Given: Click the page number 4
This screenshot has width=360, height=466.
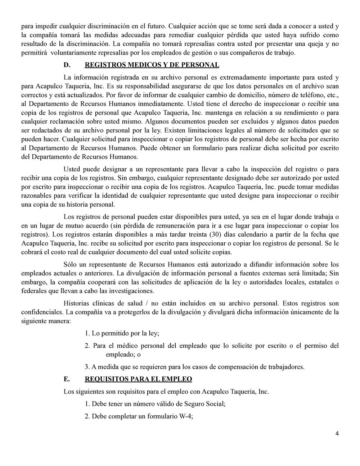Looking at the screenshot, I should (x=337, y=434).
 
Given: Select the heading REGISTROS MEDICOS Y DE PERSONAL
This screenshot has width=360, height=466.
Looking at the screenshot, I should (x=152, y=65).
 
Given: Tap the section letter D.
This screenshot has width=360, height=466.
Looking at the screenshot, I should (x=66, y=65).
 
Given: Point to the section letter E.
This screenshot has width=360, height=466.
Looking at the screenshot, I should (x=66, y=379).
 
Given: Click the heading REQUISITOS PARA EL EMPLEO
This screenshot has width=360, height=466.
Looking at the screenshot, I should (x=138, y=379).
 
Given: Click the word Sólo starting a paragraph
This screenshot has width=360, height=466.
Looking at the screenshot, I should (x=71, y=265).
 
